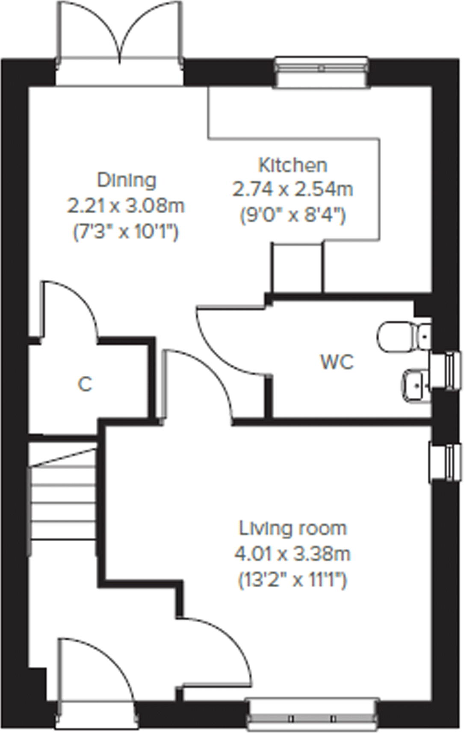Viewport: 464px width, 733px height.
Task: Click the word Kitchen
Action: (x=293, y=165)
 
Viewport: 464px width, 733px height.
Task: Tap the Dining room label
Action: (x=127, y=180)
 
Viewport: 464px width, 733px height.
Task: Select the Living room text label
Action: (x=293, y=529)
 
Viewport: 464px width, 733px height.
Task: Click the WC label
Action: (x=337, y=362)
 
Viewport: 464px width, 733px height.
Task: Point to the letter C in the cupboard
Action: (x=85, y=384)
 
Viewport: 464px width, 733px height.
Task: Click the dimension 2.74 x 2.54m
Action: (x=293, y=189)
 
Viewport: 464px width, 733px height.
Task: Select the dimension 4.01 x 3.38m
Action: (x=293, y=554)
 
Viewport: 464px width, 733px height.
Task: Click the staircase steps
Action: (x=63, y=496)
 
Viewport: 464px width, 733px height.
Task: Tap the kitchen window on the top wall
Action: (x=322, y=71)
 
